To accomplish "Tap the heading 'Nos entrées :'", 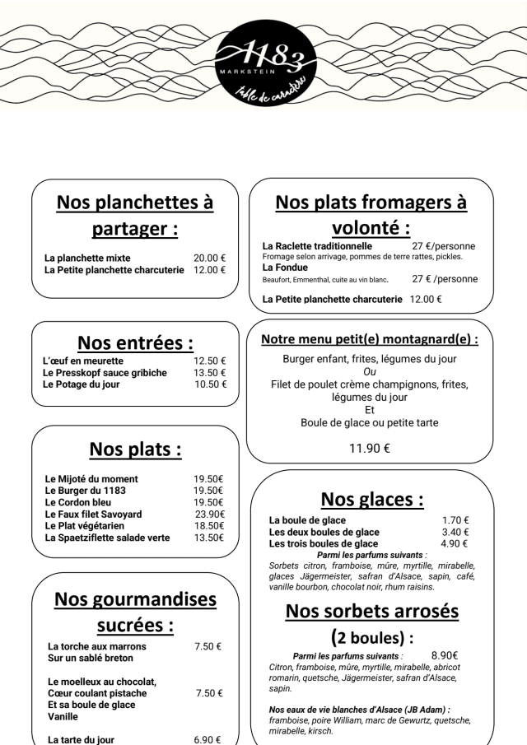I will [135, 342].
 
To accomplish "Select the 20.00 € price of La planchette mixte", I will [210, 258].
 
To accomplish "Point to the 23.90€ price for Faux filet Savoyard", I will [209, 514].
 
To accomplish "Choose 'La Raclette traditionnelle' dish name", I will [317, 245].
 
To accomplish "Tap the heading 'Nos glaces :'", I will [372, 499].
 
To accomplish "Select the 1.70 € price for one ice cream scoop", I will [455, 520].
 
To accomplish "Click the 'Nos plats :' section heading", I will [135, 449].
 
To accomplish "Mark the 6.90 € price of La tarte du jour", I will [208, 740].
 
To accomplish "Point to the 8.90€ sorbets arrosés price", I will [445, 655].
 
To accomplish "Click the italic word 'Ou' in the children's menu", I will [370, 371].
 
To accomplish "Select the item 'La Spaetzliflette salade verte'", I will [107, 538].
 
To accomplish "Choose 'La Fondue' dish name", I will [285, 268].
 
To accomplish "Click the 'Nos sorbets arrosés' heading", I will [371, 612].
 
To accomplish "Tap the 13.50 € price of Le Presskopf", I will [210, 373].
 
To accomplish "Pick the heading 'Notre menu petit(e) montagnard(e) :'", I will [370, 338].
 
